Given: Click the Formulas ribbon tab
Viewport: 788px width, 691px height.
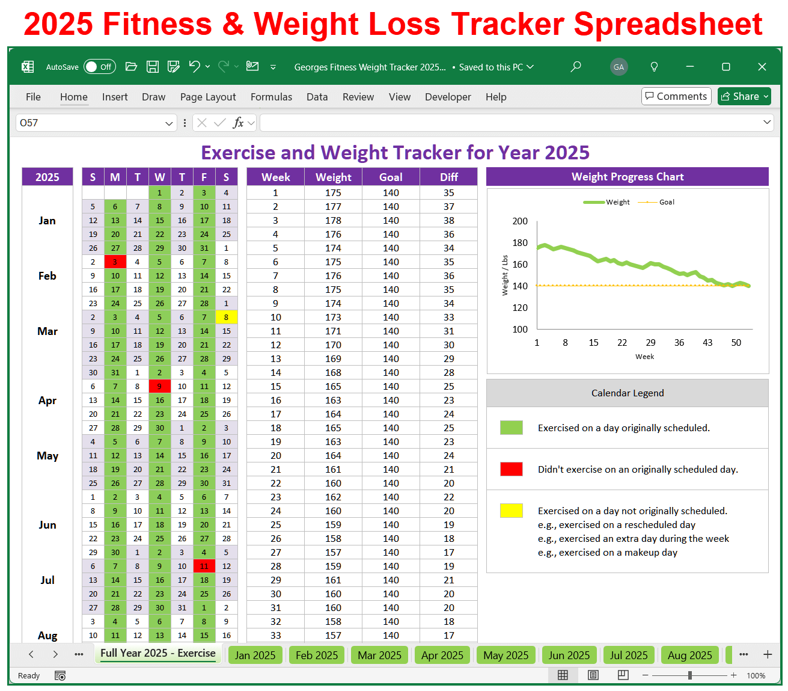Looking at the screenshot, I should coord(271,97).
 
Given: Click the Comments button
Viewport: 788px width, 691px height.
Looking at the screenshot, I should coord(676,96).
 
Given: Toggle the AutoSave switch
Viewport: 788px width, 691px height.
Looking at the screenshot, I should coord(99,67).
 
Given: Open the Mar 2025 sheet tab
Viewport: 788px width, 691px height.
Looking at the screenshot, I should coord(379,655).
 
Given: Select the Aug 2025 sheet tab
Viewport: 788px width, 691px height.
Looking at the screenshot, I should coord(689,655).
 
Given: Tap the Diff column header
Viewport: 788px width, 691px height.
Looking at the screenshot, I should coord(448,177).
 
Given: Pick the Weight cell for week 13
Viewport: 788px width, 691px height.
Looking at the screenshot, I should coord(333,359).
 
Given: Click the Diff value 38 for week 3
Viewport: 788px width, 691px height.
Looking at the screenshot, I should coord(448,221).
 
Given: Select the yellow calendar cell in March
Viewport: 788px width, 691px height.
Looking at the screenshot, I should coord(226,318).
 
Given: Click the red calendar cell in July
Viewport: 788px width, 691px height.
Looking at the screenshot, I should coord(204,567).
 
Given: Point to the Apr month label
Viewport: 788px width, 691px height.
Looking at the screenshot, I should coord(47,401).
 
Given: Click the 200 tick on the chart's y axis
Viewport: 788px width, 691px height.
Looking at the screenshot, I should coord(520,221).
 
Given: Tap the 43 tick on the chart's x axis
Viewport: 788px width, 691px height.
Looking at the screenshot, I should coord(707,343).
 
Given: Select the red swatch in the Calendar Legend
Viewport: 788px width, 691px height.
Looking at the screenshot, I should coord(511,469).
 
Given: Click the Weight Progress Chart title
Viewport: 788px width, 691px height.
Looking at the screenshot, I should coord(627,177).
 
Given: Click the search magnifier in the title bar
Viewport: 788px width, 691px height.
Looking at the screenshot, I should coord(576,67).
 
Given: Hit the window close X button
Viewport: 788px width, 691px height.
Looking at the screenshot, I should coord(762,67).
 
